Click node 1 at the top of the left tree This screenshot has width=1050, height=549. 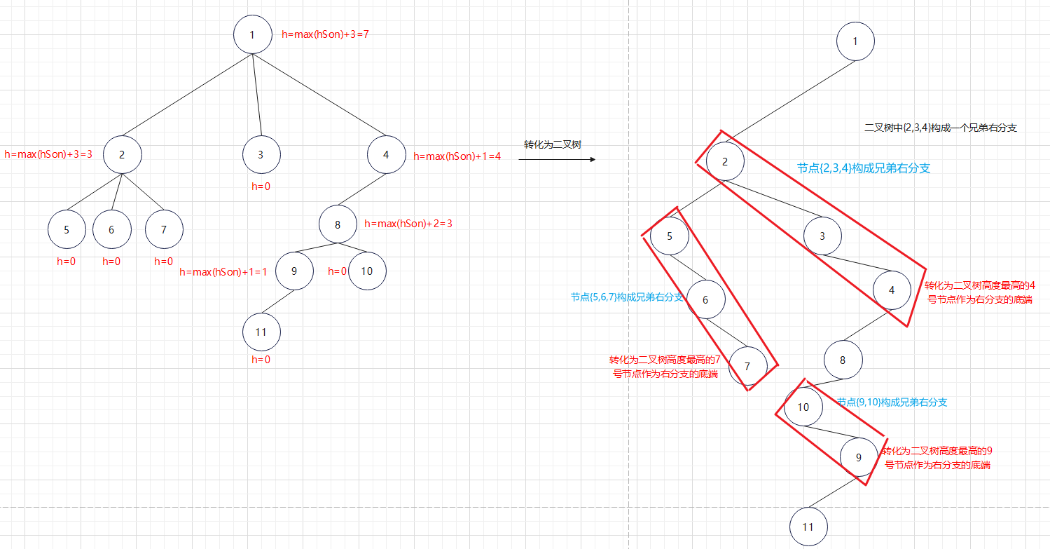pos(252,34)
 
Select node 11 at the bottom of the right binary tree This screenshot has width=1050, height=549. pos(808,527)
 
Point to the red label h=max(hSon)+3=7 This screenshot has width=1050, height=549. pos(325,34)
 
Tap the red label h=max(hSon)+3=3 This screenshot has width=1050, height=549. pos(48,154)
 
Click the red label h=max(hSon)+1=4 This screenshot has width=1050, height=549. pos(457,156)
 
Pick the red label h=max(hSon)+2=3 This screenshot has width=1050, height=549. pos(408,224)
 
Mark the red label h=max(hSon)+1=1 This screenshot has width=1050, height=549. pos(223,272)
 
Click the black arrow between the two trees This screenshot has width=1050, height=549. pos(557,160)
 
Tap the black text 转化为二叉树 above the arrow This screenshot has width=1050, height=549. pos(553,144)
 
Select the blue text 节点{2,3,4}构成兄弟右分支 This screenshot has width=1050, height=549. pos(864,168)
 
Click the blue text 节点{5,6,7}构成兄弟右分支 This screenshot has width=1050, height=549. pos(627,297)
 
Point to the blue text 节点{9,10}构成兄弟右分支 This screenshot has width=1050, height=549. pos(892,402)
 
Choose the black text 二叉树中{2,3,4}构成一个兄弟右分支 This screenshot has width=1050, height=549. pos(941,128)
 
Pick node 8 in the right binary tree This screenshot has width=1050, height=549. pos(843,360)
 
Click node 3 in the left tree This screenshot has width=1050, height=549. pos(261,155)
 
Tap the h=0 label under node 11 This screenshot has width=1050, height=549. pos(261,360)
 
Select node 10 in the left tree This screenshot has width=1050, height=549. pos(366,271)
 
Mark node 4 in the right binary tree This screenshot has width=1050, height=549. pos(892,290)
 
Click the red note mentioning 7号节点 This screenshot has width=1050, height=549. pos(664,367)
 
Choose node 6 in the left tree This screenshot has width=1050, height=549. pos(111,229)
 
